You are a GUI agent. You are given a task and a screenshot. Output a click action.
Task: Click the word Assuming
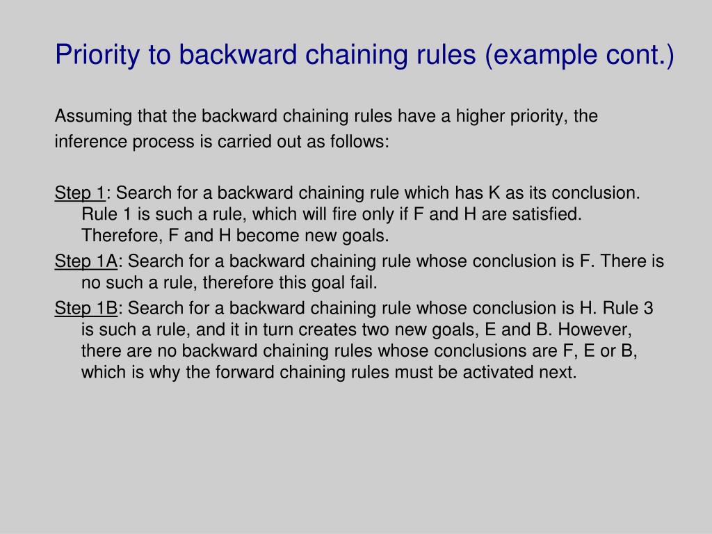point(87,116)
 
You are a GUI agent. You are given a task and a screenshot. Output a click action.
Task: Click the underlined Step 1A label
point(86,261)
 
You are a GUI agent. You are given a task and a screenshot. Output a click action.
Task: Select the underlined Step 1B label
point(86,308)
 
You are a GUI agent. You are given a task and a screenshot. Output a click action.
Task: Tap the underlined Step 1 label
point(80,193)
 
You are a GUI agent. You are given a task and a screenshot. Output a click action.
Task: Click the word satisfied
point(547,214)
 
